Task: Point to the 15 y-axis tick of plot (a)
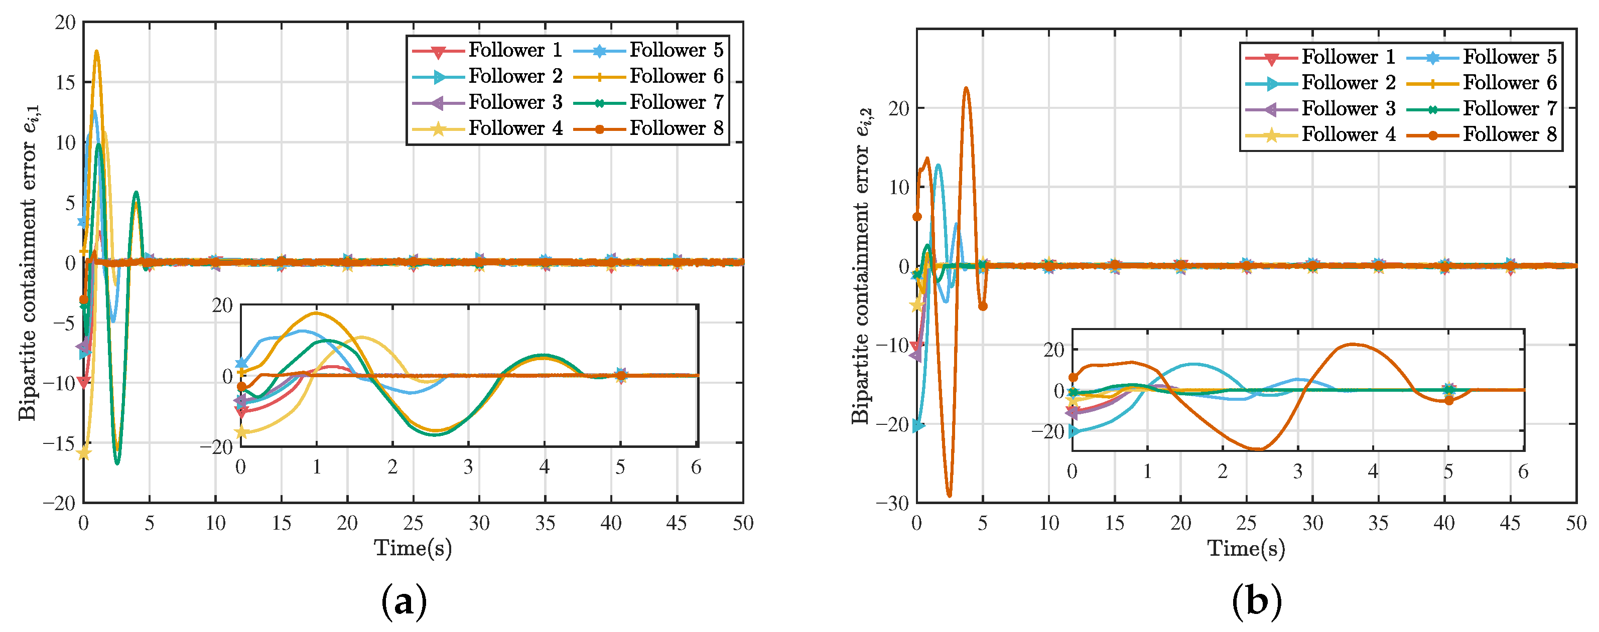(65, 82)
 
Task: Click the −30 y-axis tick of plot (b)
(891, 503)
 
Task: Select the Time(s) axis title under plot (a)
(413, 548)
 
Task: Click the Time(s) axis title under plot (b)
(1246, 548)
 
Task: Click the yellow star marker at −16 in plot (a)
(84, 453)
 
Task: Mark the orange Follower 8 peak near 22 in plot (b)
(966, 89)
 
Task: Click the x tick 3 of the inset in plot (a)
(468, 467)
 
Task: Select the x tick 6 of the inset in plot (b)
(1523, 472)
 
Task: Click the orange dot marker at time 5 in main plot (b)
(983, 306)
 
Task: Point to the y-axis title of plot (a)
(28, 262)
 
